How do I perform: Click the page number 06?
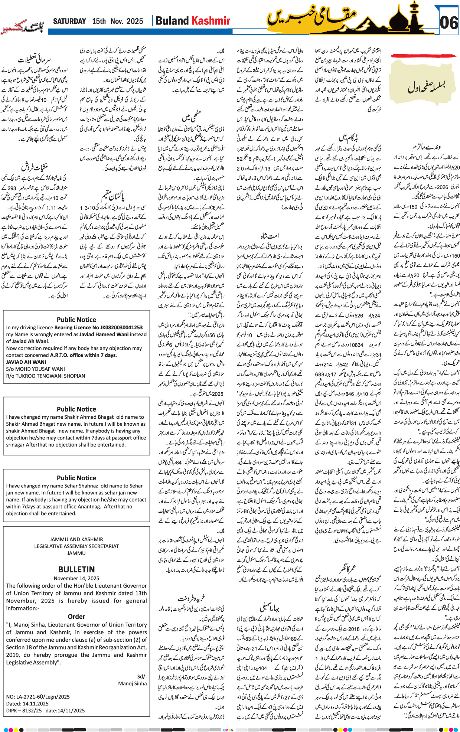tap(448, 23)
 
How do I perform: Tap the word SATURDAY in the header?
tap(69, 21)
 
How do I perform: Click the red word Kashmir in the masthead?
tap(211, 21)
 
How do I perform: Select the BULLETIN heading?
tap(76, 569)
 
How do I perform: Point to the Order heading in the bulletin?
tap(76, 617)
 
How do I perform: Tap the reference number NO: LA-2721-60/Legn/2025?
tap(38, 697)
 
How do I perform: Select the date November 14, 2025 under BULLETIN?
tap(76, 578)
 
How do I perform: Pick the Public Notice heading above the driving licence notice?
tap(76, 320)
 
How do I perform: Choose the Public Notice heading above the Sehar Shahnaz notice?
tap(76, 478)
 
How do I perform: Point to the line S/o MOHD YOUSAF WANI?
tap(35, 369)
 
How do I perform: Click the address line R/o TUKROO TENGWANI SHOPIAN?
tap(45, 376)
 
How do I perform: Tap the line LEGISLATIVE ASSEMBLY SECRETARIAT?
tap(76, 546)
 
